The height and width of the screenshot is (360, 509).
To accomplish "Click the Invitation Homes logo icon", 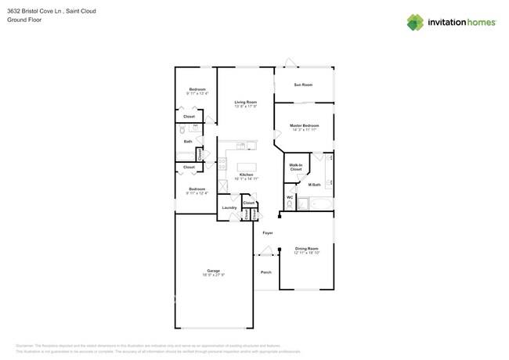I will pyautogui.click(x=415, y=23).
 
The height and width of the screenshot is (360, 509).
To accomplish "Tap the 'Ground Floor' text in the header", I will pyautogui.click(x=24, y=20).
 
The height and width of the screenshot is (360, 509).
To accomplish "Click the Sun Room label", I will pyautogui.click(x=303, y=85).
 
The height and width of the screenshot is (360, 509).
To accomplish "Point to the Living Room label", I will pyautogui.click(x=246, y=103).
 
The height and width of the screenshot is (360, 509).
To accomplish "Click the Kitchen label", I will pyautogui.click(x=246, y=175).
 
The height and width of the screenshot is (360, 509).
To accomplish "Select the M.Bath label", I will pyautogui.click(x=315, y=185).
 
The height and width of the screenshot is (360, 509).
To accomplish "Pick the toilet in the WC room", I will pyautogui.click(x=290, y=205).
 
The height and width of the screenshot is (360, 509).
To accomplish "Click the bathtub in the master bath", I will pyautogui.click(x=320, y=205).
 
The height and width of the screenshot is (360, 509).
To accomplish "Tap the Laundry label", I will pyautogui.click(x=229, y=207).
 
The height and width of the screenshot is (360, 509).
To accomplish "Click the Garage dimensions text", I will pyautogui.click(x=214, y=275).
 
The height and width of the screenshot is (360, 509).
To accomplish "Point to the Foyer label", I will pyautogui.click(x=267, y=233).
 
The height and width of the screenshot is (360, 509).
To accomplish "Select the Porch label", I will pyautogui.click(x=265, y=272).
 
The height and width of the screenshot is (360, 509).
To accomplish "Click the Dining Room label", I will pyautogui.click(x=307, y=248).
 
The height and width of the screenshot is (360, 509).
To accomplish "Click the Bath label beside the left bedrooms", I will pyautogui.click(x=188, y=142).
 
